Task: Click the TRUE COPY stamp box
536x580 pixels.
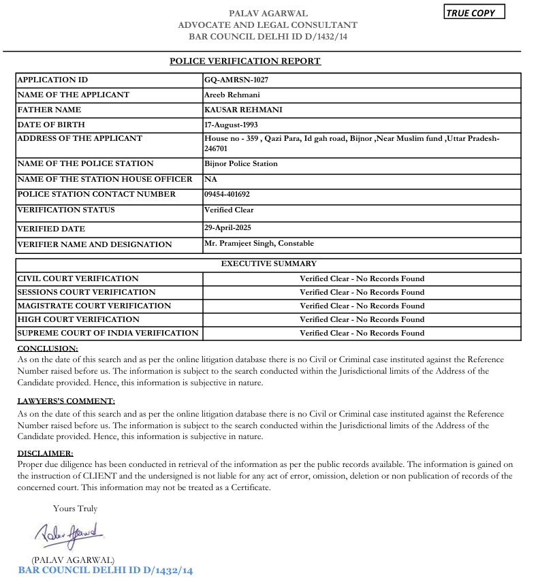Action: [x=475, y=13]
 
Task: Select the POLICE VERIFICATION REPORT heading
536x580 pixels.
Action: [x=245, y=61]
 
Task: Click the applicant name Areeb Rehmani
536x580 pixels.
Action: [x=232, y=95]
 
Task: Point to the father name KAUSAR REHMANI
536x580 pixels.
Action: [x=243, y=110]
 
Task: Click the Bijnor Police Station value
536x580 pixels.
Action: [x=241, y=163]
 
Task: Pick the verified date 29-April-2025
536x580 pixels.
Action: [x=227, y=227]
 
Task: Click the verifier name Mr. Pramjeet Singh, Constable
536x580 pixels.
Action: [x=259, y=243]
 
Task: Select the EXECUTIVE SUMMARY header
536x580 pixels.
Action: [x=268, y=263]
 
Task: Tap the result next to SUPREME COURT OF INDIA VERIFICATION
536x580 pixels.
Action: [x=362, y=333]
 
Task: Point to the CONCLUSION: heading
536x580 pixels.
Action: [x=48, y=349]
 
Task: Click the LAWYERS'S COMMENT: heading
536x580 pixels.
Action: [x=66, y=401]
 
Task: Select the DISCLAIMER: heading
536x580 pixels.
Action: [x=45, y=453]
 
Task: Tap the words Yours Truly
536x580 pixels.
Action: [x=75, y=508]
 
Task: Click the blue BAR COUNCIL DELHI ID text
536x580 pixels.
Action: [x=106, y=570]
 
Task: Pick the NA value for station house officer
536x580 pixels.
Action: [x=210, y=179]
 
